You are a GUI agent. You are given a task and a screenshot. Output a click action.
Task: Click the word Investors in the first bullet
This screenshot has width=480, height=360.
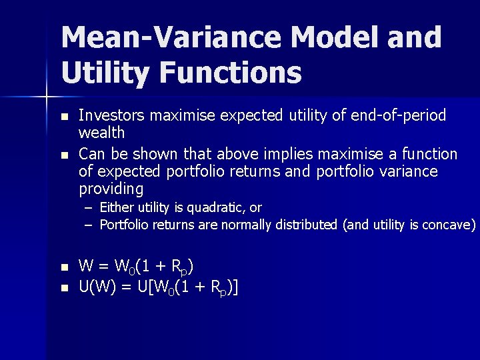pos(112,115)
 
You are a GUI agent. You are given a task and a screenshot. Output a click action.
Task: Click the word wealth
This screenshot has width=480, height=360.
pos(101,132)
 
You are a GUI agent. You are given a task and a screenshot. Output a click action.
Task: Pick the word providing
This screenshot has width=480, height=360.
pos(111,189)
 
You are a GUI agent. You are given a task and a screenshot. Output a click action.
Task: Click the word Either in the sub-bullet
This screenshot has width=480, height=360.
pos(117,208)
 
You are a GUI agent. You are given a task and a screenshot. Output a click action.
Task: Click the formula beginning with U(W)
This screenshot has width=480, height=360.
pos(159,287)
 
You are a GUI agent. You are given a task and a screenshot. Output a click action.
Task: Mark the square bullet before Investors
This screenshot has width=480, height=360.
pos(64,117)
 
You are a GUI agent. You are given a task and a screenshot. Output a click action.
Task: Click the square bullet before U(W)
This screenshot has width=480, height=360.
pos(64,288)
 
